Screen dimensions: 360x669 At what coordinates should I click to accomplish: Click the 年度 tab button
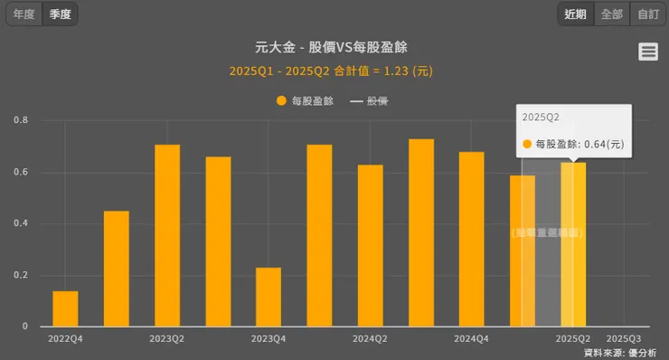(24, 14)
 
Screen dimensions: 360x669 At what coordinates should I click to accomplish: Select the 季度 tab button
(61, 14)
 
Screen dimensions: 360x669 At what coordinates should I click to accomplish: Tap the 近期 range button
(576, 14)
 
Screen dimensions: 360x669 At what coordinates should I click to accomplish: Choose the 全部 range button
(612, 14)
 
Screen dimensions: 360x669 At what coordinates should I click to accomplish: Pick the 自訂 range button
(647, 14)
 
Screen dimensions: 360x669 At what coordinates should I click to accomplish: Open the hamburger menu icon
(648, 52)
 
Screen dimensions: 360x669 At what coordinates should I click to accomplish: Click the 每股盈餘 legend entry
(306, 101)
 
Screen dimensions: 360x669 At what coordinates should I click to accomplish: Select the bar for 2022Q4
(65, 308)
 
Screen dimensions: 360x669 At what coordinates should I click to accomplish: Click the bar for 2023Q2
(167, 235)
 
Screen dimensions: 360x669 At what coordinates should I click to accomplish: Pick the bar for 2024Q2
(370, 245)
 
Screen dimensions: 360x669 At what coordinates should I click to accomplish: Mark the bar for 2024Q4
(471, 239)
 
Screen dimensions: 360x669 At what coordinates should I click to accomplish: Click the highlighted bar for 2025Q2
(573, 244)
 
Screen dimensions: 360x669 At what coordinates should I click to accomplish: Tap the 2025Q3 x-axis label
(624, 338)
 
